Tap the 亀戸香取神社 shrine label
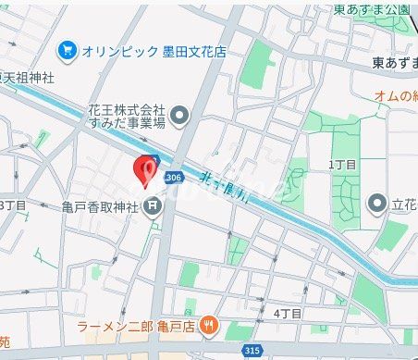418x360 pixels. (x=100, y=205)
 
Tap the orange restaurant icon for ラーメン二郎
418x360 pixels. (x=210, y=325)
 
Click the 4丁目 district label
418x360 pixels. (x=288, y=314)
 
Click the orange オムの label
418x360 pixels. (x=396, y=95)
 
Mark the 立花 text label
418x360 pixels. (x=405, y=204)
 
